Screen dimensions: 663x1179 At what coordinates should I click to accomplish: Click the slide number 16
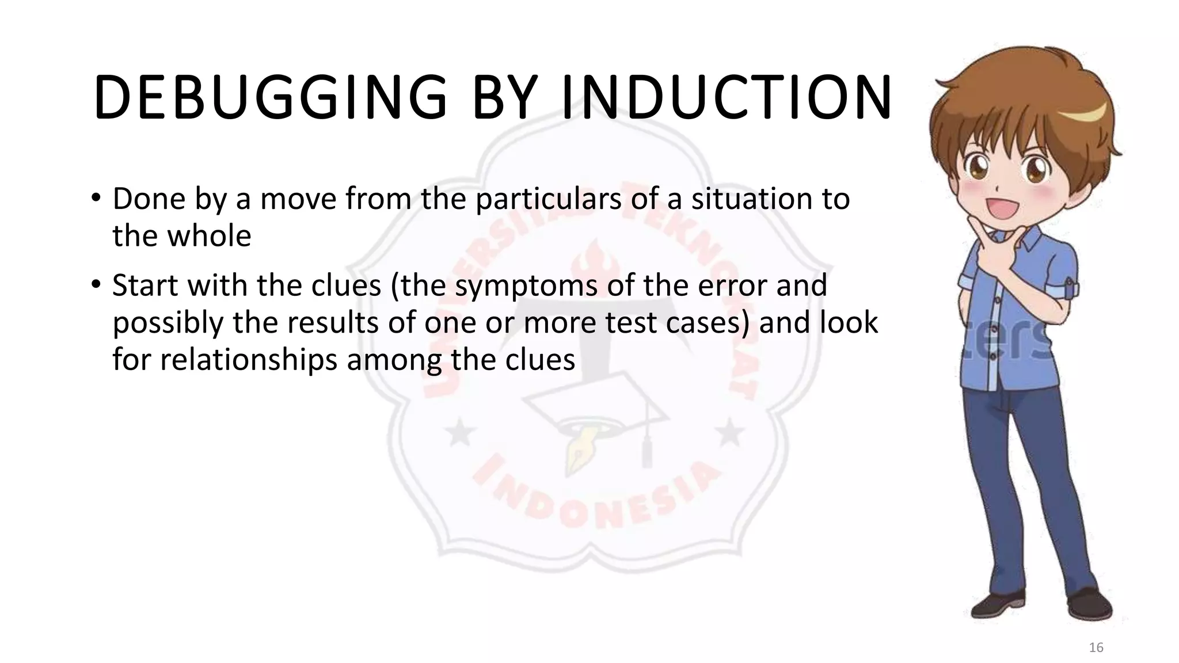1096,647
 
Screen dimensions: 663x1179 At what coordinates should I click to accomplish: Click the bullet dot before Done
96,199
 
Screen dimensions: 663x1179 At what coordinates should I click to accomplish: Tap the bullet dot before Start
96,285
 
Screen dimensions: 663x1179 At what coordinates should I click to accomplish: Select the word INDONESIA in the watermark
596,495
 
